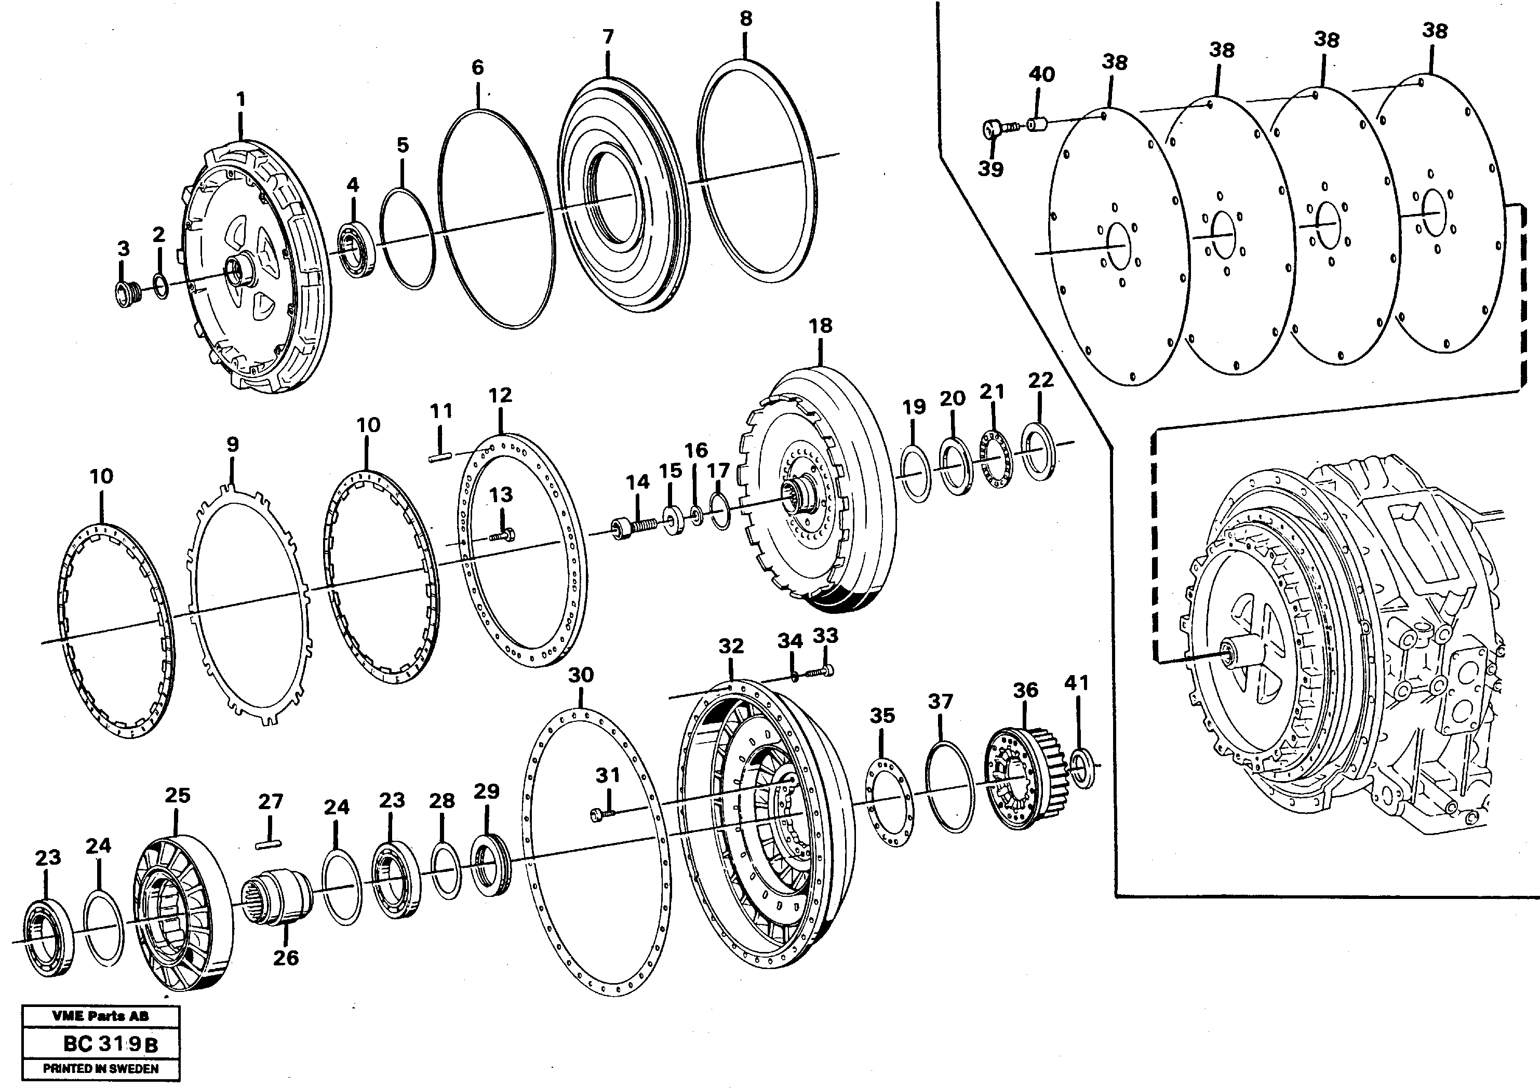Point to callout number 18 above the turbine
(820, 326)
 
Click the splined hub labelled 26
(278, 895)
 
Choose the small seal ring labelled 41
(1080, 768)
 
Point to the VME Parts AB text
(101, 1016)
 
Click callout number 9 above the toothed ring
(232, 444)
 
